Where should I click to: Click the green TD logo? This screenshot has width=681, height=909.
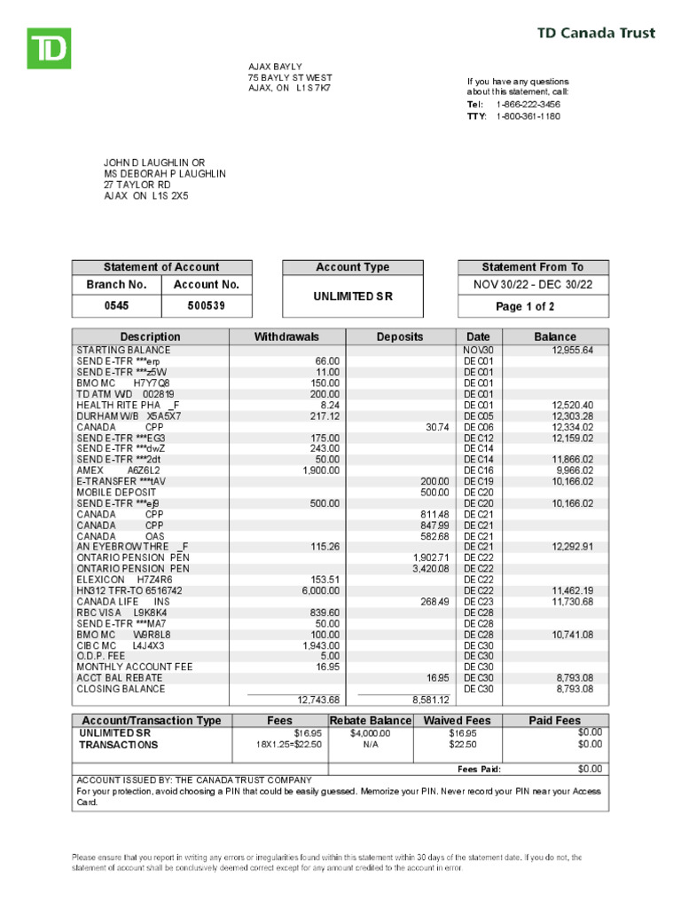coord(48,48)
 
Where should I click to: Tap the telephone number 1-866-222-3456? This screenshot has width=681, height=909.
coord(528,105)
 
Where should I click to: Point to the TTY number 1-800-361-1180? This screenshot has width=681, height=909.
coord(528,116)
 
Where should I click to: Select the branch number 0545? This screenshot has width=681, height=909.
coord(116,306)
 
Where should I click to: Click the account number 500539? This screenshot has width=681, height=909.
coord(207,306)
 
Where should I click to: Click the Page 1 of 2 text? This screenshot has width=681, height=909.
coord(533,307)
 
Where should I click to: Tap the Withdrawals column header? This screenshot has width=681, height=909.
coord(286,337)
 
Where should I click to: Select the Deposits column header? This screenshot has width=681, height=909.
coord(400,337)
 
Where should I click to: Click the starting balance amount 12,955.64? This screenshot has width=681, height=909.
coord(573,351)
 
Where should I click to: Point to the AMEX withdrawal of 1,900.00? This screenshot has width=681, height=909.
coord(321,470)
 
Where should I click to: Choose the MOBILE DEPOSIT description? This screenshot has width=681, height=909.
coord(116,493)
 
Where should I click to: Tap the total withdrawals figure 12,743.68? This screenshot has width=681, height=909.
coord(319,700)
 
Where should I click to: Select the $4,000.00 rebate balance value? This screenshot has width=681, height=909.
coord(370,734)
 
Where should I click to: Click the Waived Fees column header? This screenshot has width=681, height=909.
coord(457,721)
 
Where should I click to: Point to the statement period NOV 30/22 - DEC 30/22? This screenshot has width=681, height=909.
coord(533,285)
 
